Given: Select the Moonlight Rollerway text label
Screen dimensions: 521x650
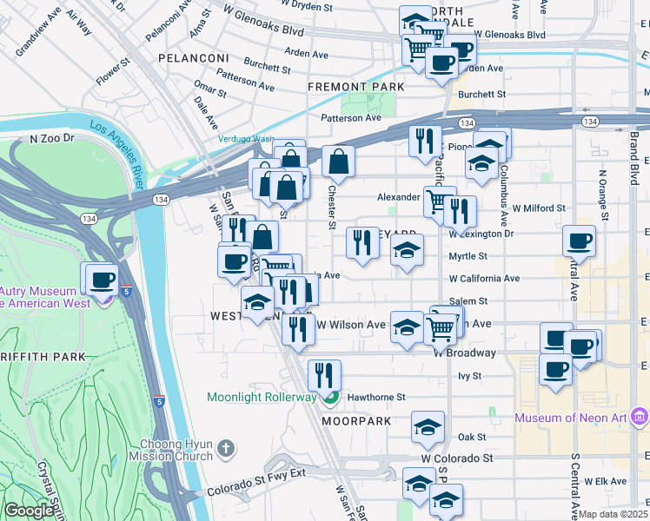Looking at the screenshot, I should pos(261,398).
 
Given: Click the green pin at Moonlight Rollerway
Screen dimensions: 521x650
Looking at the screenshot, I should pos(329,399).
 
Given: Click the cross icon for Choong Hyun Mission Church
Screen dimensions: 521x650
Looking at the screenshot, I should pos(225,448).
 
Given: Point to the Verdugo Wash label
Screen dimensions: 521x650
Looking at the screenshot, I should pos(246,139).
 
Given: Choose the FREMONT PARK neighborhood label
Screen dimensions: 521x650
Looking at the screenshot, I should pos(356,88).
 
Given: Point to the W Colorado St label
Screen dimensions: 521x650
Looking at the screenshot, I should pos(456,457).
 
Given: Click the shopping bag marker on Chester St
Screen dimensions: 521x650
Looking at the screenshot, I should pos(338,162).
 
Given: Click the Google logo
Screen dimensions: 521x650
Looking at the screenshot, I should pos(29,511).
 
